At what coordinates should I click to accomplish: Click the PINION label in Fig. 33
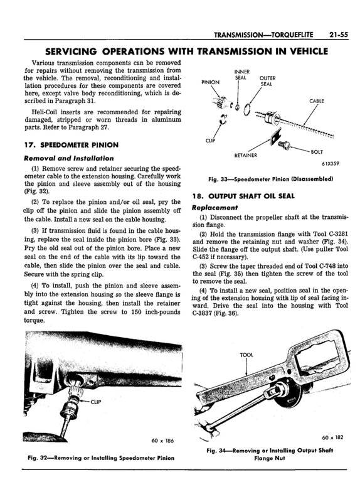[x=210, y=82]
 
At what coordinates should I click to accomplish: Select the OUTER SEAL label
[x=267, y=81]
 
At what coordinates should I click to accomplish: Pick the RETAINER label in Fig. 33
[x=247, y=154]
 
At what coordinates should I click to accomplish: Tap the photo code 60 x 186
[x=163, y=440]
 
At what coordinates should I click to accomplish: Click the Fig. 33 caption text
[x=266, y=179]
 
